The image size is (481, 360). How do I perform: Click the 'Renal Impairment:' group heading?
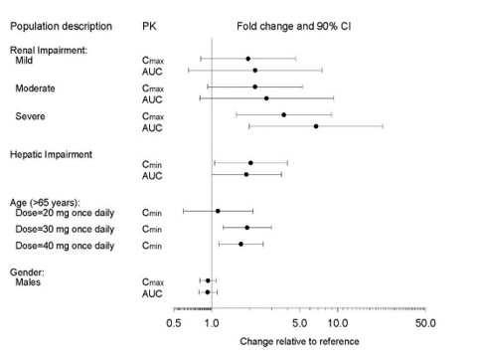(51, 50)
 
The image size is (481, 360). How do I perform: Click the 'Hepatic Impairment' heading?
(52, 154)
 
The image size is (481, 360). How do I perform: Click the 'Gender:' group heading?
(28, 270)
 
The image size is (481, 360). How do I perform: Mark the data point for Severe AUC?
(316, 126)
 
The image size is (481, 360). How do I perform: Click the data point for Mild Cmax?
(247, 59)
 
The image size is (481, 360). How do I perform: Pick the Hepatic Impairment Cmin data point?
(250, 163)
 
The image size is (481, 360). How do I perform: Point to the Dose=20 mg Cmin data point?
(218, 211)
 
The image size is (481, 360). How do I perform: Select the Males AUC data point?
(207, 292)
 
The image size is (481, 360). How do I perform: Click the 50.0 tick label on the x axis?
(426, 323)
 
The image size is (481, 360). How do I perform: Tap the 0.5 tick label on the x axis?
(174, 323)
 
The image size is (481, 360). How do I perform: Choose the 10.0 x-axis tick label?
(337, 323)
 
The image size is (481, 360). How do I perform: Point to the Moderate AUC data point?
(265, 98)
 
